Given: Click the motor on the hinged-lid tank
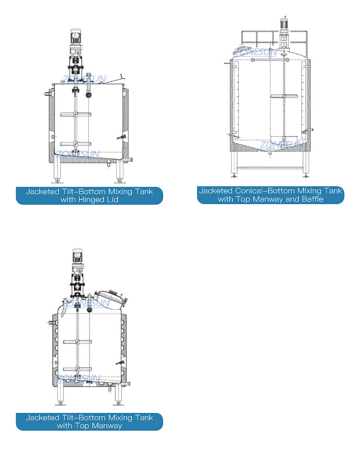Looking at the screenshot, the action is coord(76,38).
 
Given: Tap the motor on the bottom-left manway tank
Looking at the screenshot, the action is coord(77,257).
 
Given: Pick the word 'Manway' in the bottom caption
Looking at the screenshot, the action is coord(107,426).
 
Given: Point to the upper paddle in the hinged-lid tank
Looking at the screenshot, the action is coord(76,114).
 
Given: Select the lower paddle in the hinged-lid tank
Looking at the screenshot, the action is coord(76,144).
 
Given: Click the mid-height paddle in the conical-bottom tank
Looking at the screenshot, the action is coord(284,96).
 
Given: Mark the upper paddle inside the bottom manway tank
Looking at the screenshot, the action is coord(78,342).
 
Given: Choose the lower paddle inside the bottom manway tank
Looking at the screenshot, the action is coord(78,369).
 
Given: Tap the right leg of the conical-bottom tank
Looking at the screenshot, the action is coord(306,164).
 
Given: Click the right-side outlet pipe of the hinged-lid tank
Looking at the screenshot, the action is coord(127,160).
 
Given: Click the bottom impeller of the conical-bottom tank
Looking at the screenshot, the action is coord(284,139).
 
